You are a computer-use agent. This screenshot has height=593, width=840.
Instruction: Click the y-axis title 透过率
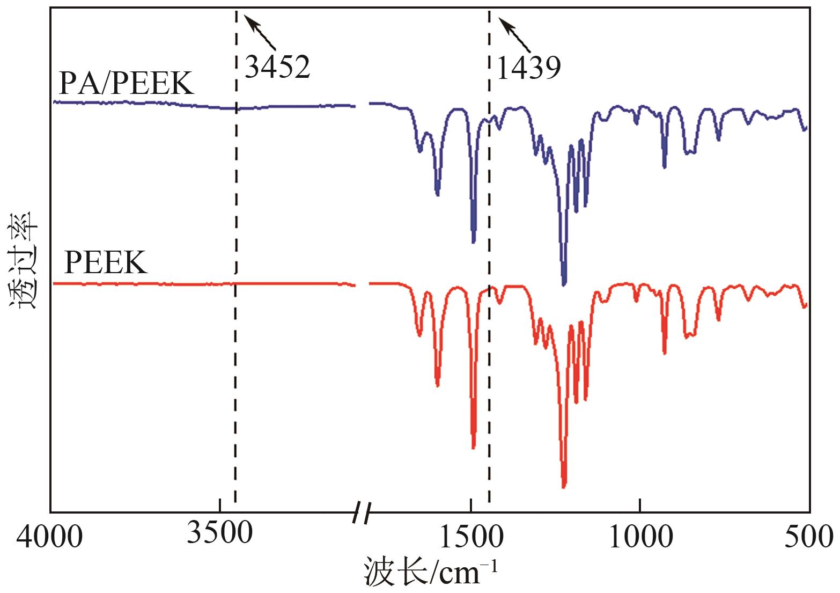point(23,260)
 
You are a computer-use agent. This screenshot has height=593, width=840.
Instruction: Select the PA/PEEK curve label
point(126,84)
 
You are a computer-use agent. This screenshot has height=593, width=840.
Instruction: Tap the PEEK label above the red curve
point(105,263)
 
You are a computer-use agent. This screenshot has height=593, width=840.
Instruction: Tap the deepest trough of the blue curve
point(564,284)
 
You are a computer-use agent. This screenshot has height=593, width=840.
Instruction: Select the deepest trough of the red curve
point(564,486)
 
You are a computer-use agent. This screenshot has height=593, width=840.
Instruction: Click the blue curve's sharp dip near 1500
point(473,242)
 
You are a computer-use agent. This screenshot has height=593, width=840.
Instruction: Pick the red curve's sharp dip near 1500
point(473,447)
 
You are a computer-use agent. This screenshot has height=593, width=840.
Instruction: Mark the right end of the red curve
point(806,305)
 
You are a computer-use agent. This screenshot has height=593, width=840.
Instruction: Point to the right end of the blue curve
point(806,128)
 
